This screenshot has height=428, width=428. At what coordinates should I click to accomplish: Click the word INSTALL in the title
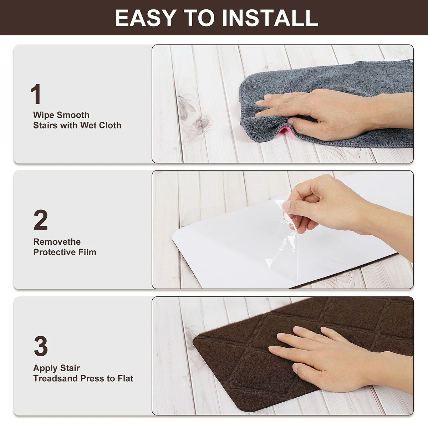pos(270,18)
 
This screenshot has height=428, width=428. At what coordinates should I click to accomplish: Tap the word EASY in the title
pos(145,18)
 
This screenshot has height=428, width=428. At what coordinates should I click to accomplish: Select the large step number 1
pos(36,94)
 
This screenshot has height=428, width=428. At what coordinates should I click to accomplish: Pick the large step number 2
pos(41,220)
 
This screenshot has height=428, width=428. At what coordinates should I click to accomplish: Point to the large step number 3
pos(41,346)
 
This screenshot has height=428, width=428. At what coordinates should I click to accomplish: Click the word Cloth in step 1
pos(110,126)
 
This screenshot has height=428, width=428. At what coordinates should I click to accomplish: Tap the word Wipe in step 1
pos(43,115)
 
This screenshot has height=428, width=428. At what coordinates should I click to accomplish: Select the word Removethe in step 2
pos(57,242)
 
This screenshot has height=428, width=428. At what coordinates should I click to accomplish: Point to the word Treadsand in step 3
pos(56,378)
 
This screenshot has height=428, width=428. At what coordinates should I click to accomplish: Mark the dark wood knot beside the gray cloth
pos(201,124)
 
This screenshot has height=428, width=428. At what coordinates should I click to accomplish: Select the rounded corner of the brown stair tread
pos(197,341)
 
